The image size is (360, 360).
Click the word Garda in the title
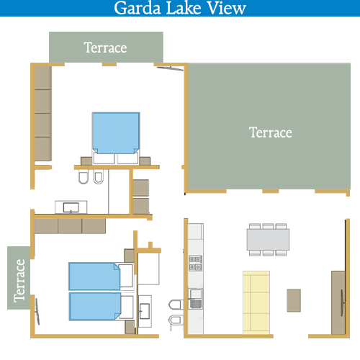(138, 8)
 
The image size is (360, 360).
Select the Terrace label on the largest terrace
(271, 132)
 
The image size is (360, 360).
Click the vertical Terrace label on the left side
(19, 281)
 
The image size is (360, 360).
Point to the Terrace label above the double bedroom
(105, 48)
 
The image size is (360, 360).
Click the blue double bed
(116, 133)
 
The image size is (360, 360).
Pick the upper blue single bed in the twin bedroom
(94, 276)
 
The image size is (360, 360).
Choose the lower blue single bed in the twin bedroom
(95, 306)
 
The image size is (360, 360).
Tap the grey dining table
(268, 240)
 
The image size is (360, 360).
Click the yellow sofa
(256, 302)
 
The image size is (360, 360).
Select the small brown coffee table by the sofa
(294, 300)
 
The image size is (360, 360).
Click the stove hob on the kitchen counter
(195, 263)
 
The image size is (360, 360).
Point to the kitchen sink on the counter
(196, 299)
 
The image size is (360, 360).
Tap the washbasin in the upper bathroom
(71, 207)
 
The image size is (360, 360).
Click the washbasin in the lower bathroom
(145, 311)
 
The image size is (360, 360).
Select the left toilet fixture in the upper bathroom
(84, 177)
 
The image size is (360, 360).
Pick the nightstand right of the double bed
(145, 161)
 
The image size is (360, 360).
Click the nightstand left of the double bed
(86, 161)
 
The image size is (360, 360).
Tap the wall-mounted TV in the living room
(343, 303)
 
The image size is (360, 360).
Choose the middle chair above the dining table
(268, 226)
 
